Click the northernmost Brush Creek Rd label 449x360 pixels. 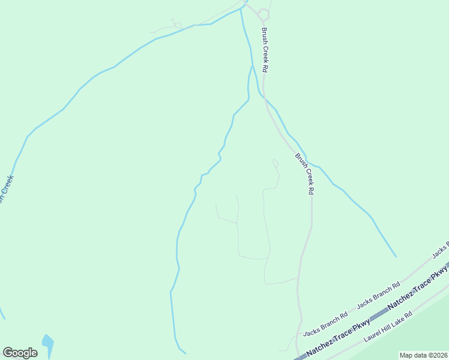(x=264, y=51)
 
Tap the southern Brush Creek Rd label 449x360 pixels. (x=306, y=173)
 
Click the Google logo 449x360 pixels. (x=20, y=353)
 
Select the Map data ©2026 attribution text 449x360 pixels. (x=424, y=355)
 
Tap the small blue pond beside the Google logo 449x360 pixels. (x=47, y=343)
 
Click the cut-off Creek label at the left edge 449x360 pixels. (x=5, y=190)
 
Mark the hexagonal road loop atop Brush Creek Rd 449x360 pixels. (x=264, y=13)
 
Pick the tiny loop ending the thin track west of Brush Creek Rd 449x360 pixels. (x=276, y=161)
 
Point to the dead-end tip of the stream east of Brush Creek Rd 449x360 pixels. (x=396, y=256)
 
